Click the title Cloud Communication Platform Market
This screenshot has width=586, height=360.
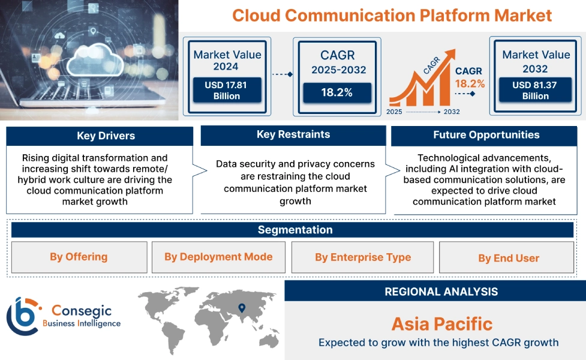392,15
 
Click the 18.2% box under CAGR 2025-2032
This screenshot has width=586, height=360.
336,92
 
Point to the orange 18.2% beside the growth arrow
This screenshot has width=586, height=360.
470,83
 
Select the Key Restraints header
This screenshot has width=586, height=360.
293,134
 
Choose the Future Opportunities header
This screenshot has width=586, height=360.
486,135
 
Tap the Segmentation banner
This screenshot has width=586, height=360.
294,230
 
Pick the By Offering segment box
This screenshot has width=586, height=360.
79,257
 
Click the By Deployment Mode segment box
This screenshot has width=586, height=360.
218,257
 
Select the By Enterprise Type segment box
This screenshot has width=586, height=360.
363,257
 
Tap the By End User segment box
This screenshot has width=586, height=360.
508,258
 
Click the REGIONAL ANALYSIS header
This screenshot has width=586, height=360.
441,292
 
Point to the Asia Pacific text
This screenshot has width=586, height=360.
441,324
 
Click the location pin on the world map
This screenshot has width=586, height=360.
242,308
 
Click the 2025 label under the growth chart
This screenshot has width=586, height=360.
394,112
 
